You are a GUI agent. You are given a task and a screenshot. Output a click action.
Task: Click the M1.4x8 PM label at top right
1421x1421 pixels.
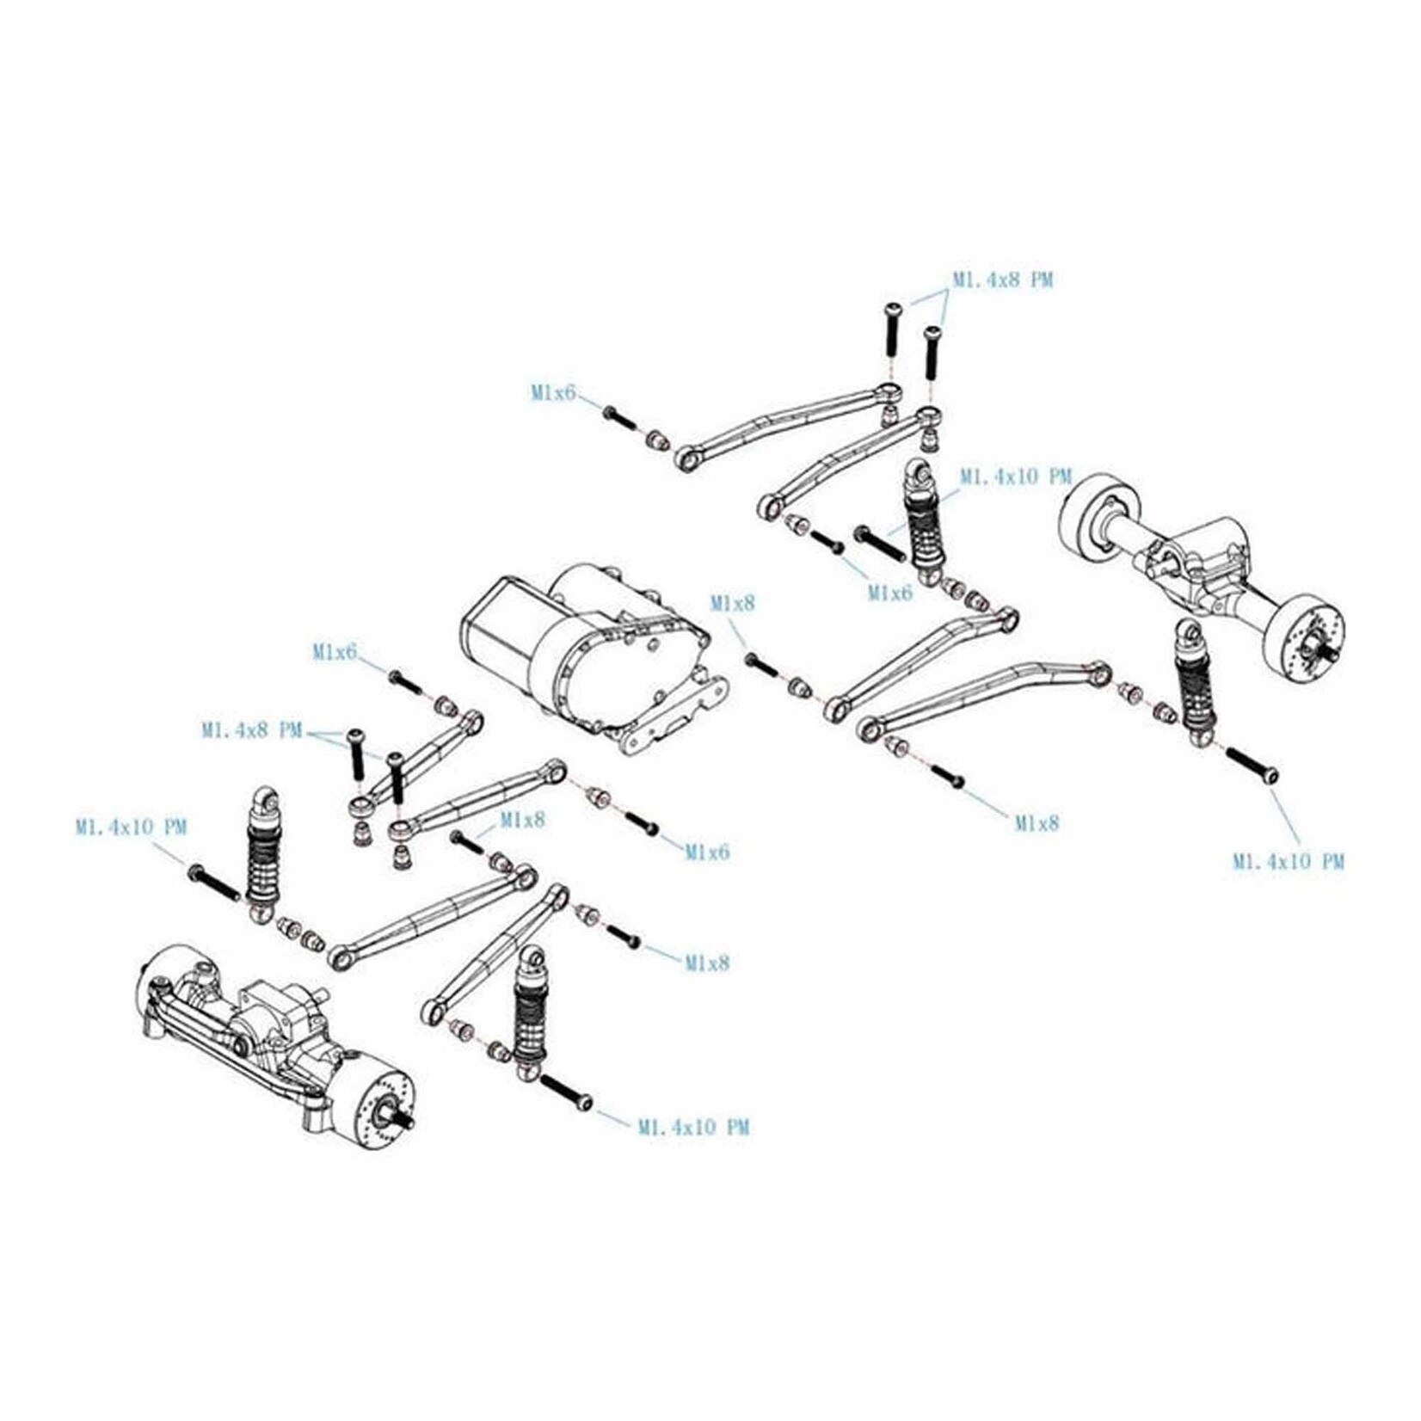[x=1002, y=280]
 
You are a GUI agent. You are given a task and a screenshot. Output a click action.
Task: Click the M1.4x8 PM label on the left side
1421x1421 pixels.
[x=252, y=730]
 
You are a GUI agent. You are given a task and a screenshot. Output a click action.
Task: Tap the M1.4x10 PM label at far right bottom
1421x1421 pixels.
[x=1288, y=861]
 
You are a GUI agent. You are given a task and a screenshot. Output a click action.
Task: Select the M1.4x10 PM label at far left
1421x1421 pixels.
[x=131, y=827]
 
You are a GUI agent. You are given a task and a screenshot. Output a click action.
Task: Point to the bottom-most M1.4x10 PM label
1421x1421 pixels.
[x=693, y=1127]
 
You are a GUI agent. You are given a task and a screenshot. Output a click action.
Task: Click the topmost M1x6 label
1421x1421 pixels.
[x=552, y=393]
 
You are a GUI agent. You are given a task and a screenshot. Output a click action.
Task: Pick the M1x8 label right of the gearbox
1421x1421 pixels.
[x=732, y=604]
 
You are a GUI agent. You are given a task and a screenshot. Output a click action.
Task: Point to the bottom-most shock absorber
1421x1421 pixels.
[x=529, y=1015]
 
